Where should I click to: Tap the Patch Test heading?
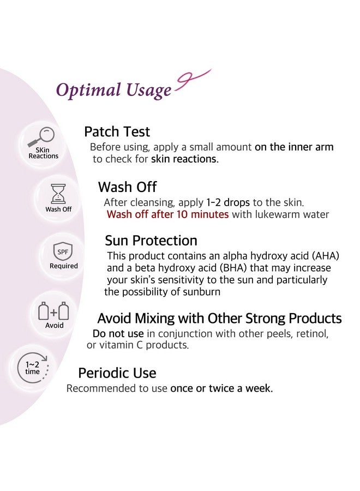coord(117,131)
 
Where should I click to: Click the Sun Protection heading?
coord(151,241)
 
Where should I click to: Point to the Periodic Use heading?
coord(117,373)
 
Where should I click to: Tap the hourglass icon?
coord(57,194)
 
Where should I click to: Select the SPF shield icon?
coord(64,252)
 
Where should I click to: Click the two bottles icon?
coord(54,311)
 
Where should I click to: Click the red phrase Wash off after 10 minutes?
coord(167,214)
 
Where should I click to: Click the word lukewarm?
coord(274,214)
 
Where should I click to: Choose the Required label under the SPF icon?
coord(64,266)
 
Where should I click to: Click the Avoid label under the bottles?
coord(55,325)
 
